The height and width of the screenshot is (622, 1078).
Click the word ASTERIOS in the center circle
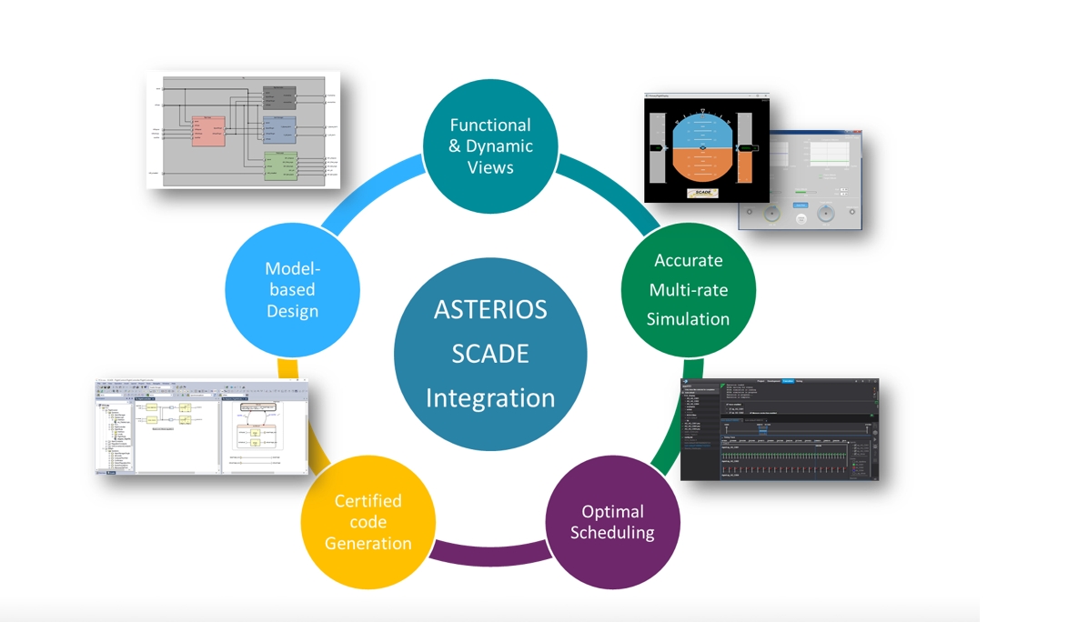pos(489,310)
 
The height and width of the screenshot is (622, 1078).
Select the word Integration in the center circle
pos(489,397)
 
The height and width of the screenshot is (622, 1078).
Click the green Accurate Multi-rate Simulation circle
pos(688,289)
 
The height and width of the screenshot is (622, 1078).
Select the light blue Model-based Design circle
pos(292,289)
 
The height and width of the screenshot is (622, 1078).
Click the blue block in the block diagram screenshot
pos(280,129)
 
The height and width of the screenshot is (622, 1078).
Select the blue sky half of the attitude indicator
pos(702,129)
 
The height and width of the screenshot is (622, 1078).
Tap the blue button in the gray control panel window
pos(800,206)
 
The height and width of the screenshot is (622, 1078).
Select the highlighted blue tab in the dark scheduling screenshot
pos(788,381)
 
